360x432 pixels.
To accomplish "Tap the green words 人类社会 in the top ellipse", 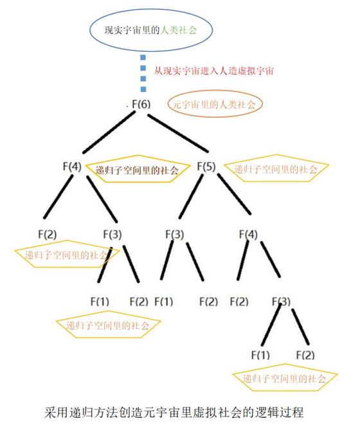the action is click(179, 30).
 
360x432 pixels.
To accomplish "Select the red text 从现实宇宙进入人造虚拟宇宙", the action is click(213, 71).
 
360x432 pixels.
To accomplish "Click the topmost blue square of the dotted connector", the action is click(143, 57).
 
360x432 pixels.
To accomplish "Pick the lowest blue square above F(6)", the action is click(143, 89).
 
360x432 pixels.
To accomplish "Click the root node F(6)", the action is click(141, 104).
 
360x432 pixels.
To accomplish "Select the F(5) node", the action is click(206, 166).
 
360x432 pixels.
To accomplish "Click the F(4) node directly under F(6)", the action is click(72, 166).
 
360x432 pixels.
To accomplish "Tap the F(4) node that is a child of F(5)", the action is click(248, 235).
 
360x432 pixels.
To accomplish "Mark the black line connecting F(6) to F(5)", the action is click(177, 133).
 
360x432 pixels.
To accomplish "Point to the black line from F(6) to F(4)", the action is click(109, 132).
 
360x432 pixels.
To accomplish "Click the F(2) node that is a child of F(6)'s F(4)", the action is click(47, 235).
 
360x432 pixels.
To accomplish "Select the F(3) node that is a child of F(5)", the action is click(175, 235).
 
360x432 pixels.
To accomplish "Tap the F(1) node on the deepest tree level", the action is click(260, 355).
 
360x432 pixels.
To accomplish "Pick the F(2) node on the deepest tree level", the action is click(305, 355).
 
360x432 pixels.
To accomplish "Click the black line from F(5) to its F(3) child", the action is click(191, 196).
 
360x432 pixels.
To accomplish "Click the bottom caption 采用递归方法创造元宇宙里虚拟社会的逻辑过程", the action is click(174, 412).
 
